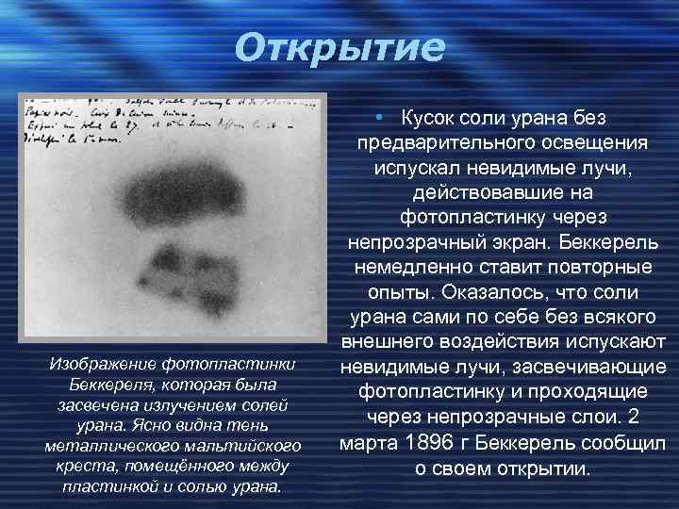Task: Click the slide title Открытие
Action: pos(339,47)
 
